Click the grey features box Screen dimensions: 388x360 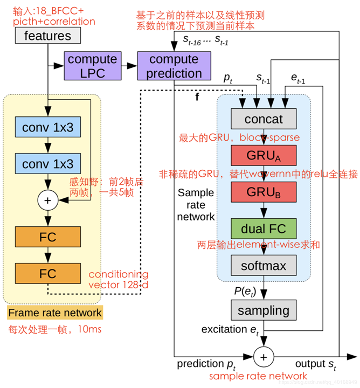pyautogui.click(x=47, y=36)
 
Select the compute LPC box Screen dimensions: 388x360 pyautogui.click(x=92, y=66)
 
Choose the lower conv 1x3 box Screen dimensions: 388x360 pyautogui.click(x=48, y=163)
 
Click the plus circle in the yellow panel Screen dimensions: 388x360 pyautogui.click(x=48, y=200)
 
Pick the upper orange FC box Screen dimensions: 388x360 pyautogui.click(x=48, y=237)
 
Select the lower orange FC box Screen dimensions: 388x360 pyautogui.click(x=48, y=273)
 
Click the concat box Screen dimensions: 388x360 pyautogui.click(x=264, y=119)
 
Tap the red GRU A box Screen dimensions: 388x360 pyautogui.click(x=264, y=155)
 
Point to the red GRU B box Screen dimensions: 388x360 pyautogui.click(x=264, y=191)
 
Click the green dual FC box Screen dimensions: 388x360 pyautogui.click(x=264, y=227)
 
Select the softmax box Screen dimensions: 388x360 pyautogui.click(x=264, y=265)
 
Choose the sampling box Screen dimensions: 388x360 pyautogui.click(x=264, y=310)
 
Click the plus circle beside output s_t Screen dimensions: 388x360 pyautogui.click(x=264, y=356)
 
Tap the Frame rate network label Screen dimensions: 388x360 pyautogui.click(x=55, y=312)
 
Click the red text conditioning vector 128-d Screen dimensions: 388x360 pyautogui.click(x=119, y=279)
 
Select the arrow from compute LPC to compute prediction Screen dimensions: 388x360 pyautogui.click(x=129, y=66)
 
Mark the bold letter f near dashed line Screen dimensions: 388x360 pyautogui.click(x=197, y=97)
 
